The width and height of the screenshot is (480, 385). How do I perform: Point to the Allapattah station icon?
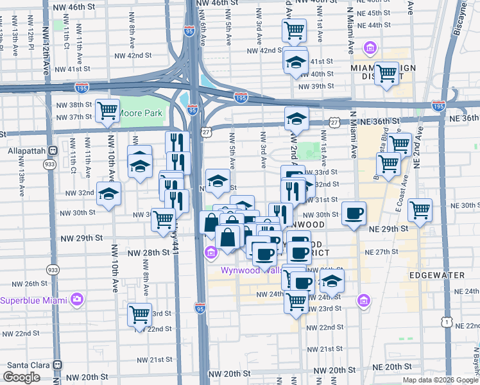point(53,150)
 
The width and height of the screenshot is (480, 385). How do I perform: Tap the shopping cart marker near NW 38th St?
point(107,110)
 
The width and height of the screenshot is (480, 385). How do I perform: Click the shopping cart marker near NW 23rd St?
point(139,314)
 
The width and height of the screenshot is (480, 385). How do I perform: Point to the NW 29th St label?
point(81,237)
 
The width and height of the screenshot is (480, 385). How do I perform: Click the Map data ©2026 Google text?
point(441,380)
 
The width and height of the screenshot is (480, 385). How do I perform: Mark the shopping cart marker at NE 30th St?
point(420,210)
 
